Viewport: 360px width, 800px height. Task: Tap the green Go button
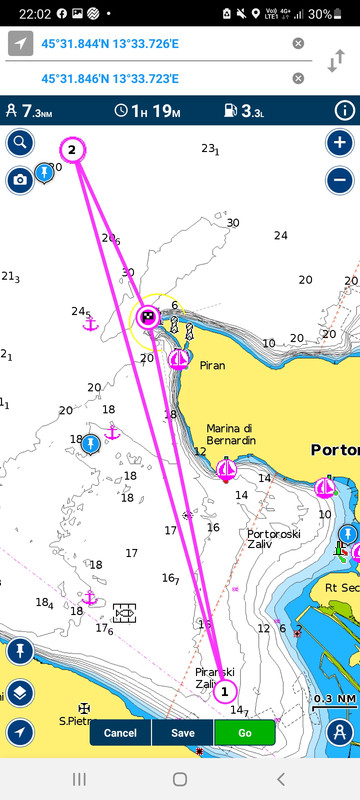click(x=244, y=733)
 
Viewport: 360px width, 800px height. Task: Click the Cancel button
click(x=120, y=733)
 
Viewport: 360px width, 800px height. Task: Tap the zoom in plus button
click(x=340, y=143)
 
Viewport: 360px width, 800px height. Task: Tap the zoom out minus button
click(x=340, y=180)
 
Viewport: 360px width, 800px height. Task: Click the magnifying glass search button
click(x=19, y=143)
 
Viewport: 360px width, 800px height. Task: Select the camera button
click(x=19, y=180)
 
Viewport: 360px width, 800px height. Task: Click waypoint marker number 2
click(x=72, y=150)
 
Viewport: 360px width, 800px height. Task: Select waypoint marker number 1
click(x=224, y=690)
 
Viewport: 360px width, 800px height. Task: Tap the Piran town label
click(x=212, y=366)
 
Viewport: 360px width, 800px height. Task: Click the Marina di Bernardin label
click(x=231, y=434)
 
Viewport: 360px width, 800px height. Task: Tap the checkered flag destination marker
click(x=148, y=318)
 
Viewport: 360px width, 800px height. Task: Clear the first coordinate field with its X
click(x=298, y=43)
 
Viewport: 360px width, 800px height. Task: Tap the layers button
click(x=19, y=693)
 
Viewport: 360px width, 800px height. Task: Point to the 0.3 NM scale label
click(x=335, y=698)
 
